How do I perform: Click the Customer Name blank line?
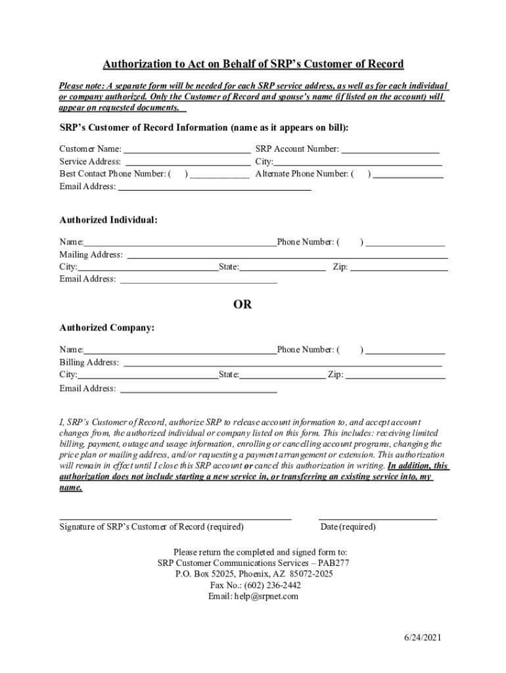pos(187,151)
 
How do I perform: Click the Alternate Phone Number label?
pos(303,174)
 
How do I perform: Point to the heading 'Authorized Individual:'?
pos(108,220)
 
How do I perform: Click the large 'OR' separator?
pos(242,305)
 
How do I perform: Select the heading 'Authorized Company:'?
pos(107,327)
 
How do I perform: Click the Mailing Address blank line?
pos(287,256)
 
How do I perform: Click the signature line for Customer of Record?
pos(175,519)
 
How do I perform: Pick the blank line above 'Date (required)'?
pos(378,519)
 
